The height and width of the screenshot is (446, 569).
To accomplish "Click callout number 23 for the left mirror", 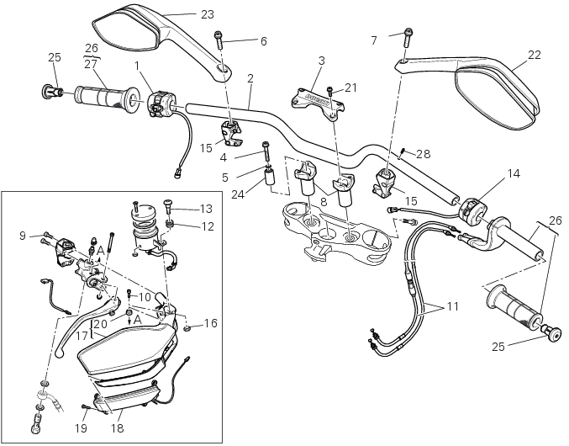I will pyautogui.click(x=207, y=14).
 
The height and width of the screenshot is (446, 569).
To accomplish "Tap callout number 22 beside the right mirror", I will pyautogui.click(x=534, y=56).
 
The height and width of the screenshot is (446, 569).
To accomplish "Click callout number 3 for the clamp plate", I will pyautogui.click(x=321, y=61).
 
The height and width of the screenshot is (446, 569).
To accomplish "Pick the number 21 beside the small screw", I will pyautogui.click(x=350, y=87).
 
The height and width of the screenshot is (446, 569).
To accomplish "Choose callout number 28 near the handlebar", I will pyautogui.click(x=423, y=153).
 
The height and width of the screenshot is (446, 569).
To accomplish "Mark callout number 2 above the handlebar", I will pyautogui.click(x=250, y=77).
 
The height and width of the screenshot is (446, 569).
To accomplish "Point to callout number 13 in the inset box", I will pyautogui.click(x=206, y=208).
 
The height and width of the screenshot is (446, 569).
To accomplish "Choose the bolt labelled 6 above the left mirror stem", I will pyautogui.click(x=219, y=38).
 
